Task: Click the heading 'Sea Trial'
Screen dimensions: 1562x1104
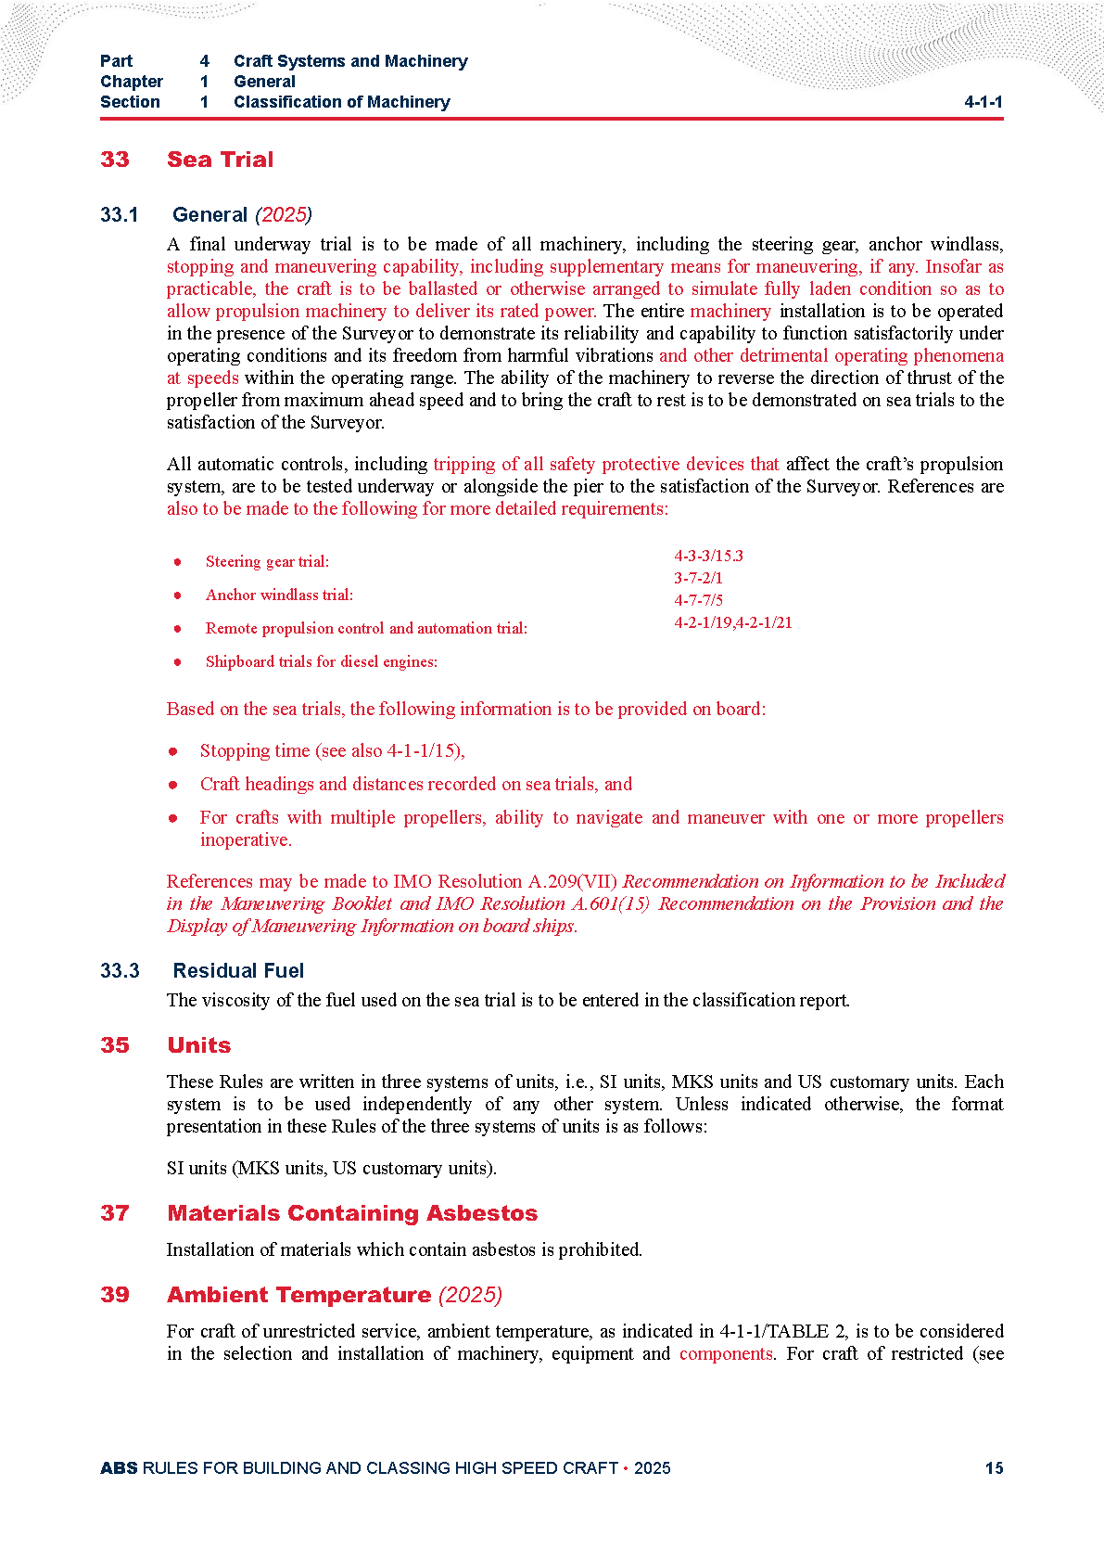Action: [220, 160]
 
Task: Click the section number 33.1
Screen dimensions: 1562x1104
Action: [119, 215]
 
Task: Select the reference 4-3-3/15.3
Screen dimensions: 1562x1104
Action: [708, 556]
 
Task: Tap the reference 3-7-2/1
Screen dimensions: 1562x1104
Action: [698, 578]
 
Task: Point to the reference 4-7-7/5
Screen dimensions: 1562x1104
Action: [698, 600]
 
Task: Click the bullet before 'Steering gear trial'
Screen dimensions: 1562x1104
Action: [177, 561]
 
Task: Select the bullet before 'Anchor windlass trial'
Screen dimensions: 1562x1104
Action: [177, 595]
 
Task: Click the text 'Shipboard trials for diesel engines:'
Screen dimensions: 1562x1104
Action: [321, 661]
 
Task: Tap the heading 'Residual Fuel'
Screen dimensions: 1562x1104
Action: [238, 970]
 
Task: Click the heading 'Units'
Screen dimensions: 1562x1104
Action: [198, 1045]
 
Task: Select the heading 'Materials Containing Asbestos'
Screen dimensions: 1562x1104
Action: [352, 1213]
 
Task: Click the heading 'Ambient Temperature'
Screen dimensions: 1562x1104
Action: [298, 1295]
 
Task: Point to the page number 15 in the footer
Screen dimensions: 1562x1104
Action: [994, 1467]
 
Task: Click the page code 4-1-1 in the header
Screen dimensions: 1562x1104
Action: [983, 102]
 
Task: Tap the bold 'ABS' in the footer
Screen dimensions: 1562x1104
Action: [119, 1467]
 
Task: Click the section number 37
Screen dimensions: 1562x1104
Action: [115, 1213]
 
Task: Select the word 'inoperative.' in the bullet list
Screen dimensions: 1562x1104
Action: [246, 839]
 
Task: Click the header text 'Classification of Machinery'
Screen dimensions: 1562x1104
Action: [341, 102]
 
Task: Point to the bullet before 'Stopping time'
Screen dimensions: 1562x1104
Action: [173, 750]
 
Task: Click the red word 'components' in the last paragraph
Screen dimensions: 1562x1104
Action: [726, 1353]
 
